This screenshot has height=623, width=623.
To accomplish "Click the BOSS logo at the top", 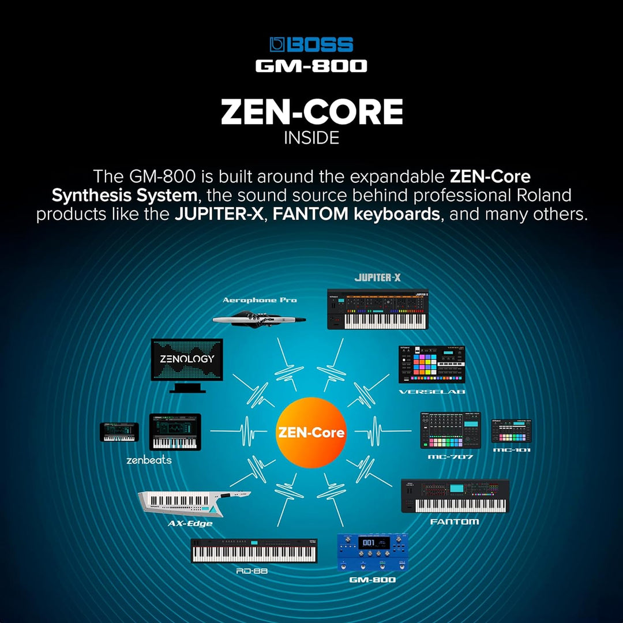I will pos(311,44).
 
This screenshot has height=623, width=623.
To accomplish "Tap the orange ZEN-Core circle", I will pos(311,432).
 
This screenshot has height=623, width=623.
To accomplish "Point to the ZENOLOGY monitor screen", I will pos(186,359).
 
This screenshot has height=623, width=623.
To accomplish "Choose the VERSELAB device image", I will pos(431,365).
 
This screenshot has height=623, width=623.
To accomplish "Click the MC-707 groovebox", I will pos(450,430).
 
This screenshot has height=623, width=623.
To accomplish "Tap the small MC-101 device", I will pos(511,431).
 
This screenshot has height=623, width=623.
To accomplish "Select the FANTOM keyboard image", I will pos(455,496).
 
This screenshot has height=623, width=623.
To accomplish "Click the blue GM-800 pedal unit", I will pos(372,553).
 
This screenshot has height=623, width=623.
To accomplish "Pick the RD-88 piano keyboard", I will pos(254,551).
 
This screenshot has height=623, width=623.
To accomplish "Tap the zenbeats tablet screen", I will pos(175,432).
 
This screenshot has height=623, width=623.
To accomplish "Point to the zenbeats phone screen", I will pos(119,432).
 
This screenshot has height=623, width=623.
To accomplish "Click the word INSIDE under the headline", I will pos(311,138).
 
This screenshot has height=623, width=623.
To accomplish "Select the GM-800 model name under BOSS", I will pos(311,66).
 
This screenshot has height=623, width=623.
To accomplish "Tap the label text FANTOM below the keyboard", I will pos(455,521).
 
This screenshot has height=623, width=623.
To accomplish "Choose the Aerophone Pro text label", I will pos(260,300).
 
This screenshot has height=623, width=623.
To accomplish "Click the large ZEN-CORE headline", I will pos(311,112).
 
